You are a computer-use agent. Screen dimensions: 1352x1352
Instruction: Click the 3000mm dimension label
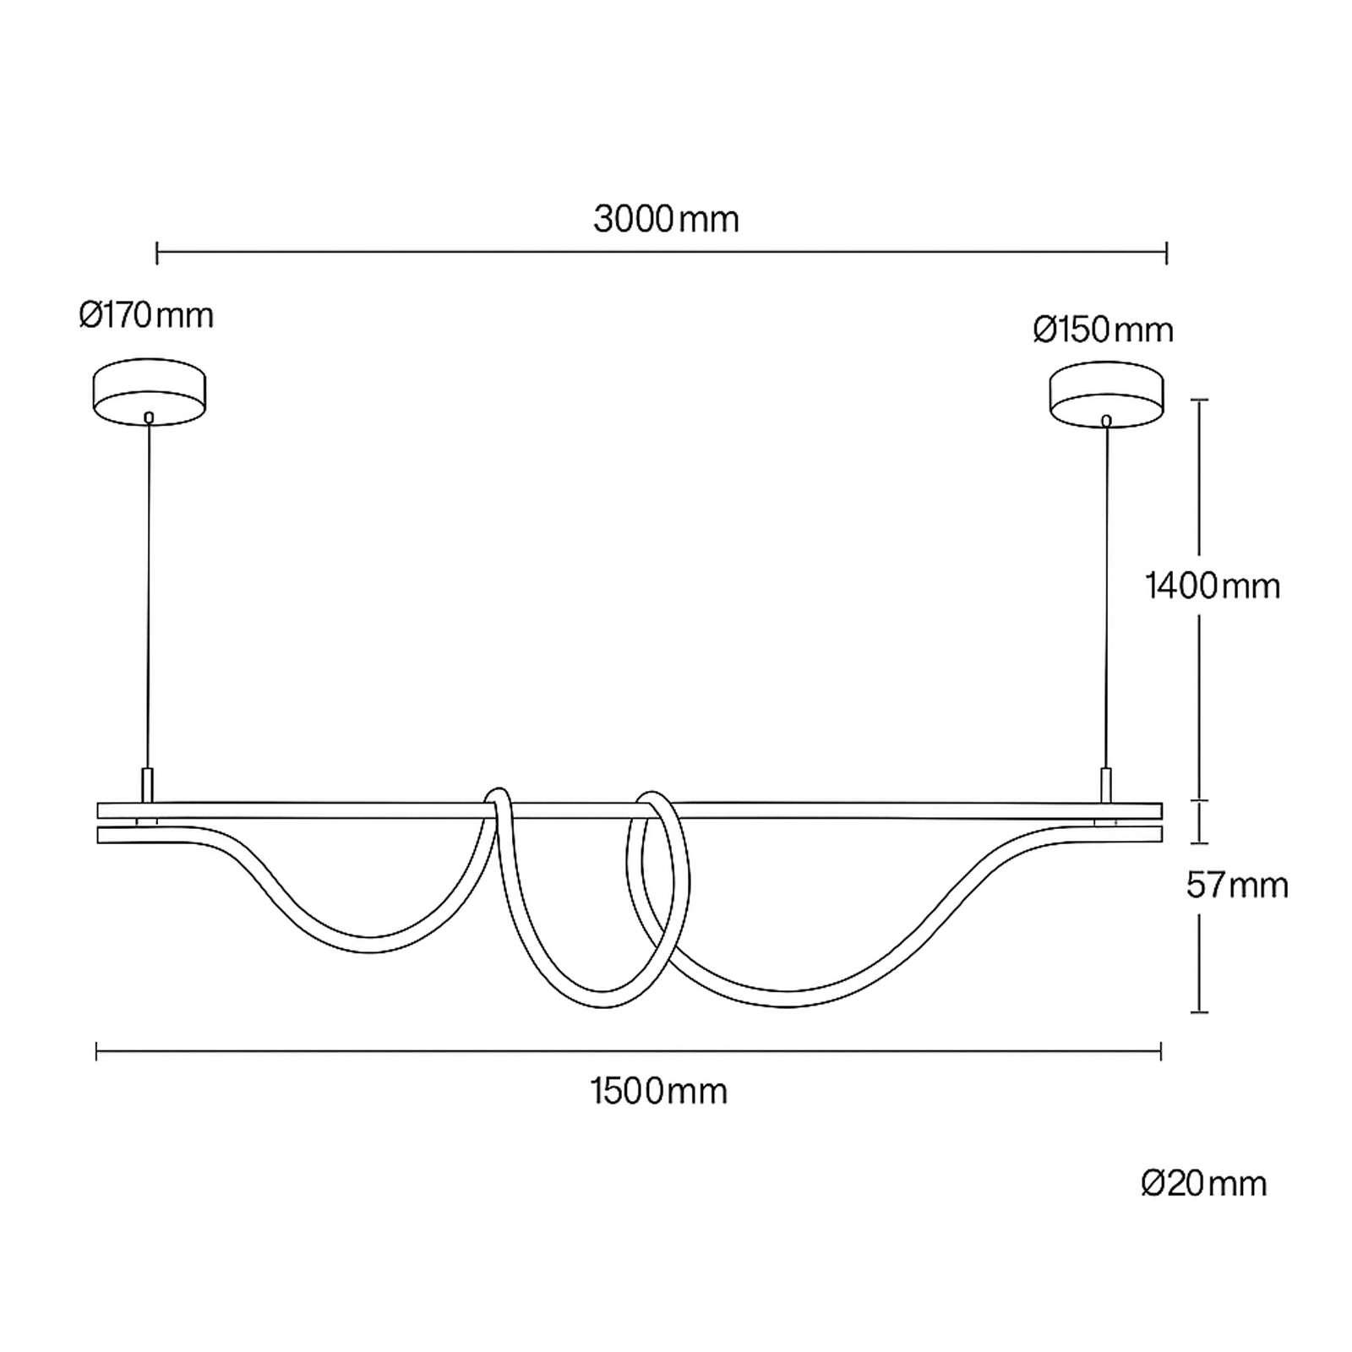[666, 220]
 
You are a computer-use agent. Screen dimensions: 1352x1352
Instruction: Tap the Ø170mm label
[146, 316]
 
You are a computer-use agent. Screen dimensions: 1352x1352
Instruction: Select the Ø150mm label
[1103, 330]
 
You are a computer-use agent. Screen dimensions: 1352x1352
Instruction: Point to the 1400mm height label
[1213, 586]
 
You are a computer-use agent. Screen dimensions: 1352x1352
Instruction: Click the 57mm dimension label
[1237, 886]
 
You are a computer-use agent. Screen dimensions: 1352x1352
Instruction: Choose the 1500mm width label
[659, 1092]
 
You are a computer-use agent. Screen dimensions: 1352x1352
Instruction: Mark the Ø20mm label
[1203, 1184]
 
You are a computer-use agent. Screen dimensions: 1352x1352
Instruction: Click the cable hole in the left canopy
[150, 417]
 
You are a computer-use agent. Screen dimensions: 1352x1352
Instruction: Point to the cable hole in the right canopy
[1105, 419]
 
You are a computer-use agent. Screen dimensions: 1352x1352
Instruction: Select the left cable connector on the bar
[147, 785]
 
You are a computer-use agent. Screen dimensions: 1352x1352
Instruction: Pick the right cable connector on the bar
[1105, 786]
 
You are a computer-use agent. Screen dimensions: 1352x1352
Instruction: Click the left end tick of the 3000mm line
[157, 252]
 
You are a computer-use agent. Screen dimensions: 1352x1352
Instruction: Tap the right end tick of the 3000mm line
[1167, 252]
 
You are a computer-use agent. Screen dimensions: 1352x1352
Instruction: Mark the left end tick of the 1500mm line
[97, 1051]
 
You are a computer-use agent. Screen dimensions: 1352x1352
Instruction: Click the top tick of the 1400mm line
[1199, 400]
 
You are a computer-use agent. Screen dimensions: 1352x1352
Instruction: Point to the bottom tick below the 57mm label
[1199, 1011]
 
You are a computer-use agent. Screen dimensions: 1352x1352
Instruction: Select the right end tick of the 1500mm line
[1161, 1051]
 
